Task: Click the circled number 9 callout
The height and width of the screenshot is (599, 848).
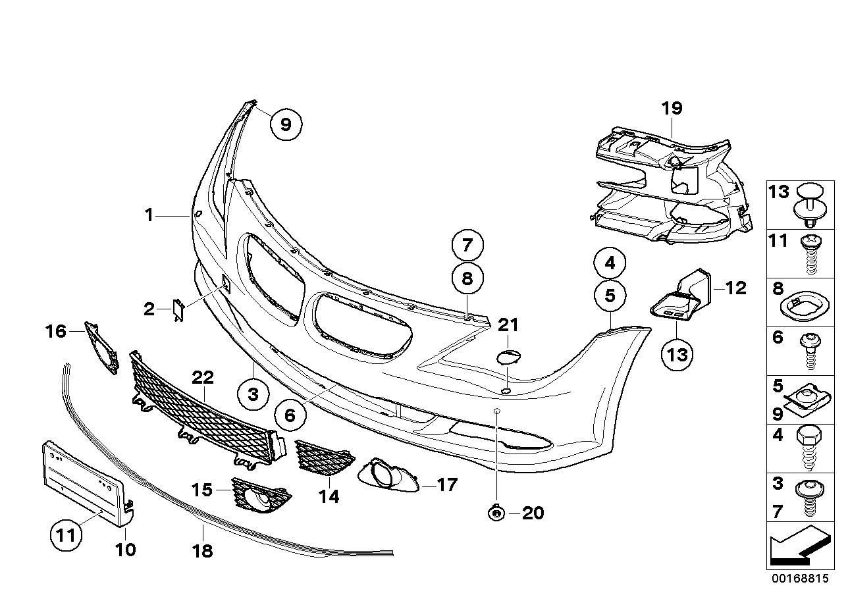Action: (x=286, y=124)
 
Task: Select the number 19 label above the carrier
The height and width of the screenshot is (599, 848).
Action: (x=672, y=108)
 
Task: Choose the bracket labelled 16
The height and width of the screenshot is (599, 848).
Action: (x=101, y=346)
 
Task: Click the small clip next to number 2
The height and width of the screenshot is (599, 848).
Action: (x=179, y=310)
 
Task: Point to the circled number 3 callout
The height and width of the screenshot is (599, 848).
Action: (x=253, y=395)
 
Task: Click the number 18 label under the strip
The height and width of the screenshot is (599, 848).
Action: (x=203, y=550)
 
